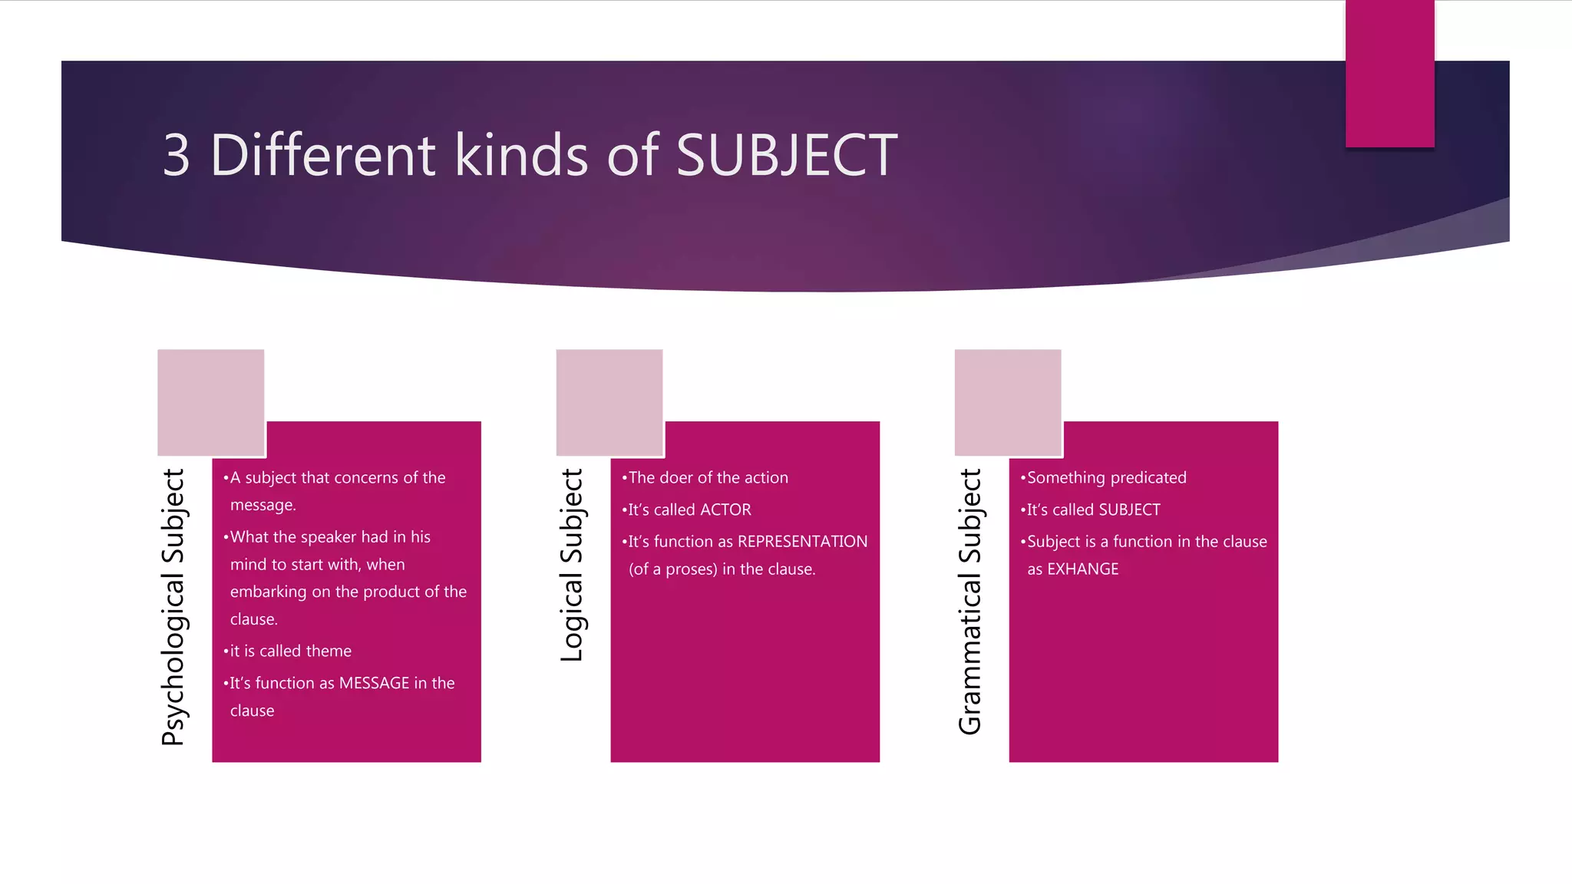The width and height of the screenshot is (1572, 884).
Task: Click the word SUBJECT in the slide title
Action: point(786,155)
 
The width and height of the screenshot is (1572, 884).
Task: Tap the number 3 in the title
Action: point(176,155)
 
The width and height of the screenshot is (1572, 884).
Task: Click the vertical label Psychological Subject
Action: point(173,607)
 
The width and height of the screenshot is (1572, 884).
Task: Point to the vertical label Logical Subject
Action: point(572,565)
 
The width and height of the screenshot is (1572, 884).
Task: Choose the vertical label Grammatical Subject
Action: point(970,602)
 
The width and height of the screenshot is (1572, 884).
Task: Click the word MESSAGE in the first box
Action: point(374,683)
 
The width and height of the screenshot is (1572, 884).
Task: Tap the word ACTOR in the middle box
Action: point(725,510)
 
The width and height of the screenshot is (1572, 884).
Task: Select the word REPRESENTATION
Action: point(802,542)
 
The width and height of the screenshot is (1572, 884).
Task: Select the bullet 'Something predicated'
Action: point(1106,477)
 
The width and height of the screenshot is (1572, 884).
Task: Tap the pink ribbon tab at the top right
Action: point(1389,73)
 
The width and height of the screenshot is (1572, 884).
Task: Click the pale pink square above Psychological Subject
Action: point(210,402)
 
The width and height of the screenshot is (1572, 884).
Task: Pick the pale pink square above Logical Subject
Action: point(609,402)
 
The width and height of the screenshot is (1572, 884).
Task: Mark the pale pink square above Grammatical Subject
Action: point(1007,402)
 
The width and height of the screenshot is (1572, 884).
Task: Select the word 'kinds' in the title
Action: point(521,155)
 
